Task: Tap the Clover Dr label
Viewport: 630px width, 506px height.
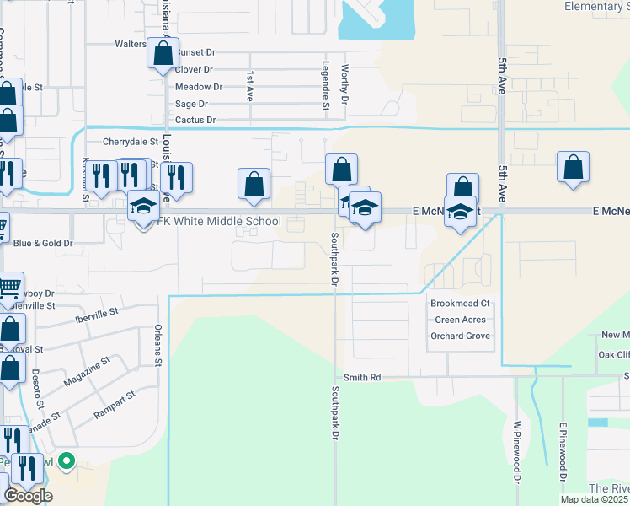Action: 194,70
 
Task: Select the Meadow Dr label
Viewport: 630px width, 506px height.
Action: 199,87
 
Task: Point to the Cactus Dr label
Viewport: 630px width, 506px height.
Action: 195,121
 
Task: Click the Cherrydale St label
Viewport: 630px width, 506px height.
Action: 131,143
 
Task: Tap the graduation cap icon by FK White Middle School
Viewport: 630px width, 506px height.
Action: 143,207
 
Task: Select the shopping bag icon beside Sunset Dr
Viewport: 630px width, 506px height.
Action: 162,54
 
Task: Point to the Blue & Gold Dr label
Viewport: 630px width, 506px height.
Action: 44,244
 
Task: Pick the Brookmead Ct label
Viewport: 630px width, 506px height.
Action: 460,304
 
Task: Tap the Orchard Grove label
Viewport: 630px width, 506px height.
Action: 460,336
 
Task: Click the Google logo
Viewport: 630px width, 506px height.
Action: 28,496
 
